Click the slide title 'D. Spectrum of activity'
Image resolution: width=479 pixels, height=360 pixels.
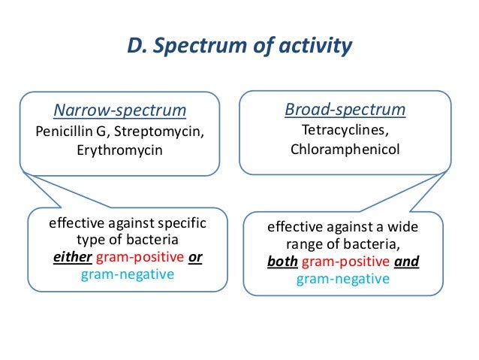point(239,47)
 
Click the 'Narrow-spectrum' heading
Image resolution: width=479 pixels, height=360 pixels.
point(119,110)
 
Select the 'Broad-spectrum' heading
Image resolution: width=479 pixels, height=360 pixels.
point(345,110)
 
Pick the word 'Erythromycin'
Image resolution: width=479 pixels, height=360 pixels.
point(119,150)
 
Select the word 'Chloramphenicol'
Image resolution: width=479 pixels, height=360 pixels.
point(345,149)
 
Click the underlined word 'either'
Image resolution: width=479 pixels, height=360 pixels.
point(71,256)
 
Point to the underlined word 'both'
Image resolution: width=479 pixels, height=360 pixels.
point(282,262)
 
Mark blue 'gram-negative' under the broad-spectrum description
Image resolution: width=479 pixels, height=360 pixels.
point(343,280)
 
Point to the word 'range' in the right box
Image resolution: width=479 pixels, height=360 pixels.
point(303,245)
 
